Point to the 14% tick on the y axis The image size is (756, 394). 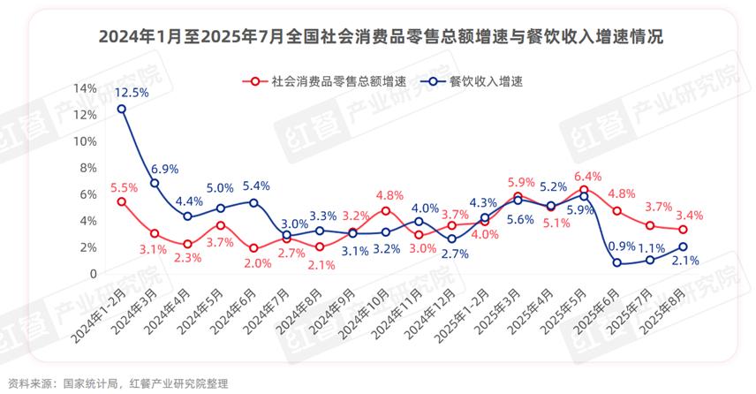(85, 88)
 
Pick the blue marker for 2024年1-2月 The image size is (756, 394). (122, 109)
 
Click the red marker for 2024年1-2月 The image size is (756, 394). (122, 201)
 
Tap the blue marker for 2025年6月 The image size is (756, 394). (616, 262)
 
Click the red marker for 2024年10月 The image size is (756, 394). (386, 210)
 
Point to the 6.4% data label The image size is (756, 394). (586, 175)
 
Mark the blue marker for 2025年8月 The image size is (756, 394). (683, 246)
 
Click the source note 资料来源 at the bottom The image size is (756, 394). (117, 383)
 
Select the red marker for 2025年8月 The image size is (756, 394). (683, 230)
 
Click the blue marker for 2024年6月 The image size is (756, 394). (253, 202)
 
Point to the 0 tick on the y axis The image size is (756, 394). (92, 274)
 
